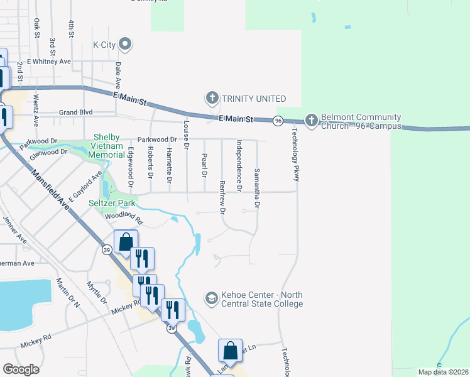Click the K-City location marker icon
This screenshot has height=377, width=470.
(x=125, y=43)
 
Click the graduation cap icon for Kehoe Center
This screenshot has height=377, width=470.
(x=211, y=297)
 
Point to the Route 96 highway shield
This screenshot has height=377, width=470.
(x=278, y=120)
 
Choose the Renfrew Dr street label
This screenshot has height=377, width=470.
(x=222, y=197)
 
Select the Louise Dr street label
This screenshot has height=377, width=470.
(x=186, y=134)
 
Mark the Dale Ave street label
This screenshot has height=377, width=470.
(x=117, y=74)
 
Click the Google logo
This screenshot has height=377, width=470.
(x=21, y=369)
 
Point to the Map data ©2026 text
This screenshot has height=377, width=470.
(x=443, y=372)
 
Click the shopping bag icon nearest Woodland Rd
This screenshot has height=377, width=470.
(x=126, y=242)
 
